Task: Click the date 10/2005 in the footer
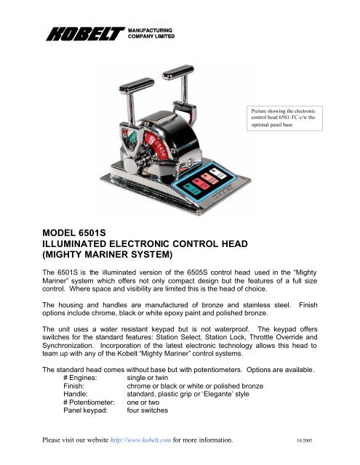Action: [306, 460]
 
